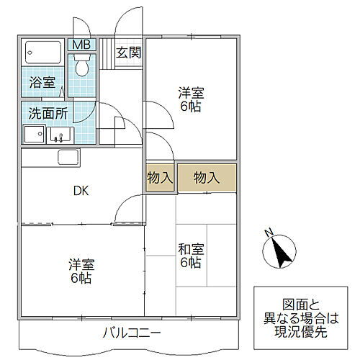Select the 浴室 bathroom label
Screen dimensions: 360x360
tap(42, 83)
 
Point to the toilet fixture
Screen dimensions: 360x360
tap(81, 67)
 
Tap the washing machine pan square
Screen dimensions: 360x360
tap(34, 134)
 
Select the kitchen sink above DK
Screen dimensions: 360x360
tap(68, 157)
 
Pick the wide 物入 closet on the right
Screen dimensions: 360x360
tap(207, 178)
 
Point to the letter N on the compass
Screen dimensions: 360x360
tap(268, 233)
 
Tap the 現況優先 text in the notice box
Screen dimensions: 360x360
tap(302, 331)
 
